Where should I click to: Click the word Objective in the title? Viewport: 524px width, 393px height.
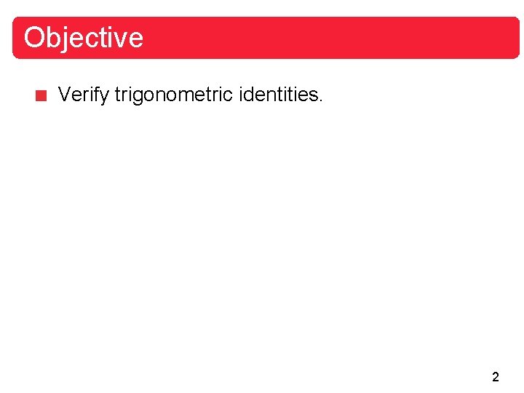pos(83,37)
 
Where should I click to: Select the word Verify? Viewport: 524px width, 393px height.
pos(83,95)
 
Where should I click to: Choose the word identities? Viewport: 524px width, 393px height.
pos(280,95)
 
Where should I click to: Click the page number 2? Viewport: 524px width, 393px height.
pos(496,377)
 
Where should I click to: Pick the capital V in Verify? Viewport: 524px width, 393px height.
pos(64,95)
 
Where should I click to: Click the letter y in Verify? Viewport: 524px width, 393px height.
pos(105,97)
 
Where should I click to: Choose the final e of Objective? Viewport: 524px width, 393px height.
pos(135,39)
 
